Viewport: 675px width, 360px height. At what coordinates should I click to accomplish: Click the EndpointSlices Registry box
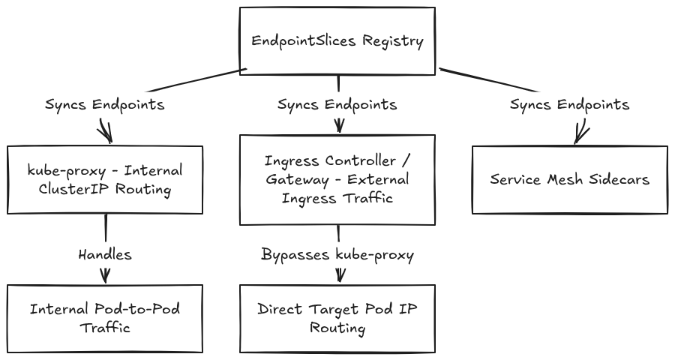pyautogui.click(x=337, y=41)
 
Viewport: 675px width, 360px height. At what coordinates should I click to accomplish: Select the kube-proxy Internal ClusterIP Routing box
pyautogui.click(x=105, y=179)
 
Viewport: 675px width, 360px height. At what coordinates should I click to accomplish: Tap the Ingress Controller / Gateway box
pyautogui.click(x=337, y=179)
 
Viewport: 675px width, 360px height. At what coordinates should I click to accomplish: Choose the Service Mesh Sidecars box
pyautogui.click(x=570, y=179)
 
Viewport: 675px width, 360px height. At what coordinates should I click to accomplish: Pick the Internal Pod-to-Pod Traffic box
pyautogui.click(x=105, y=319)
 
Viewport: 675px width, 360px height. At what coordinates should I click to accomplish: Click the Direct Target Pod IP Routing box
pyautogui.click(x=337, y=319)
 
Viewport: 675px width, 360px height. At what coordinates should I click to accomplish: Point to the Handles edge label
pyautogui.click(x=105, y=254)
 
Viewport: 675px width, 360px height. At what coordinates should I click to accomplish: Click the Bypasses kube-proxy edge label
pyautogui.click(x=337, y=255)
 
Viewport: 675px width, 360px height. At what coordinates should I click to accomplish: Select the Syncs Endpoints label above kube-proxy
pyautogui.click(x=105, y=105)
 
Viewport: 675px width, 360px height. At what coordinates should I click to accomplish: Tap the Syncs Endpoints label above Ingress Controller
pyautogui.click(x=337, y=105)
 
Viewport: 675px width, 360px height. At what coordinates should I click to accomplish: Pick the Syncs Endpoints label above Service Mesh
pyautogui.click(x=570, y=105)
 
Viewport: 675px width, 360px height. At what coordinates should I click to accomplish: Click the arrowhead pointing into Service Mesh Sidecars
pyautogui.click(x=580, y=135)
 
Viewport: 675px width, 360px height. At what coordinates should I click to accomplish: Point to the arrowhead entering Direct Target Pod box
pyautogui.click(x=340, y=275)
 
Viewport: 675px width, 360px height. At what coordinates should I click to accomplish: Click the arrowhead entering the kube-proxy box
pyautogui.click(x=106, y=133)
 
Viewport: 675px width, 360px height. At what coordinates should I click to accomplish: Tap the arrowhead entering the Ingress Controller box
pyautogui.click(x=339, y=127)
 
